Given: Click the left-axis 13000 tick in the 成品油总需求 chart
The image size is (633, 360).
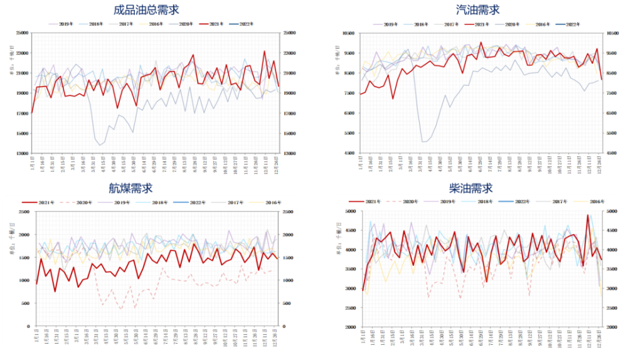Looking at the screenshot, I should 22,154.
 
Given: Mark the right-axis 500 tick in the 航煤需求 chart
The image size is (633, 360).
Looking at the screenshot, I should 287,304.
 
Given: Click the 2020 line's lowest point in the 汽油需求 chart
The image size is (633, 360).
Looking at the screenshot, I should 423,142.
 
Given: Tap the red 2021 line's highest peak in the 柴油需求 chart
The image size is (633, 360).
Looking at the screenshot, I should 587,216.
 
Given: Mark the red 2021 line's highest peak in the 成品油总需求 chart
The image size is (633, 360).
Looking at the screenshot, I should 265,51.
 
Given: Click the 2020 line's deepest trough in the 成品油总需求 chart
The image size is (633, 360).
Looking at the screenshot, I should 100,146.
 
